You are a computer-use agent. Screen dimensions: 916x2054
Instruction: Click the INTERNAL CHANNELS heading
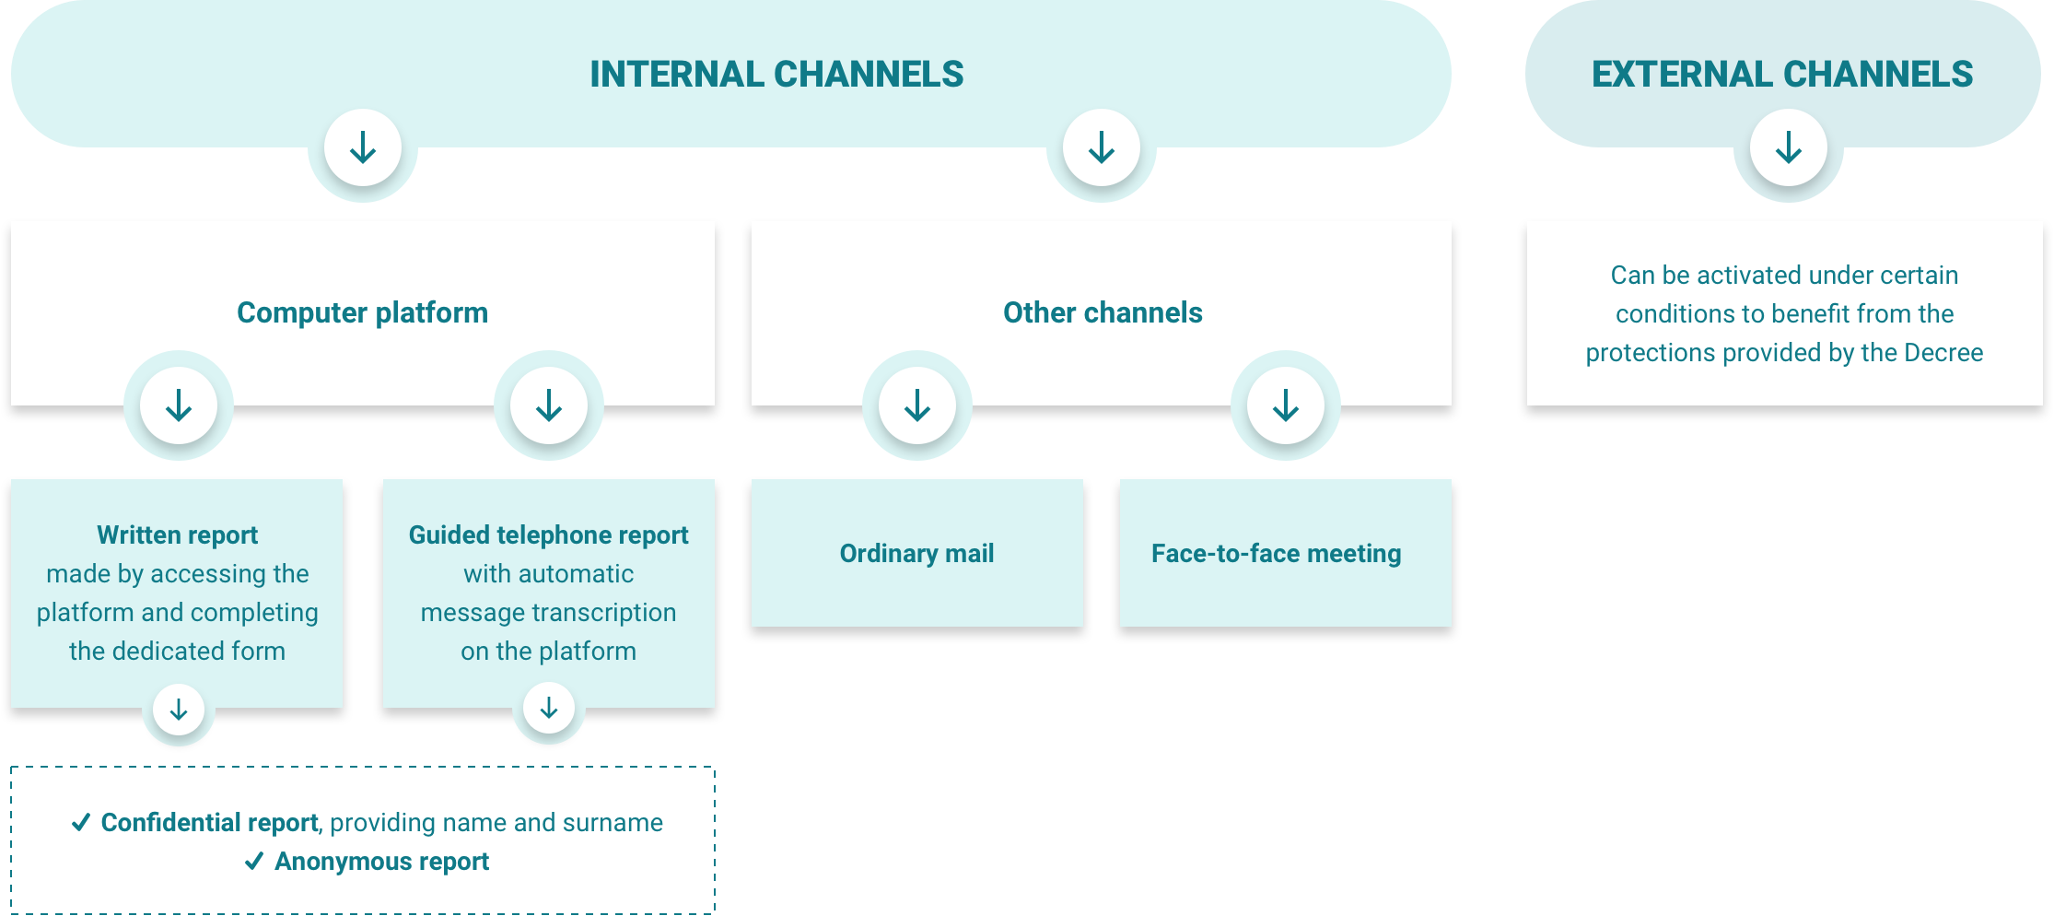776,75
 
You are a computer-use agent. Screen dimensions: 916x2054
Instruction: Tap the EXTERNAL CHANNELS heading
1782,75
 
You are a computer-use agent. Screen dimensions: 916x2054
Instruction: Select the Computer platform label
362,313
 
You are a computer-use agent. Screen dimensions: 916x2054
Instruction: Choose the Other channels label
1103,313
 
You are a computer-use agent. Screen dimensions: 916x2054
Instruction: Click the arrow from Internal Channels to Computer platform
363,147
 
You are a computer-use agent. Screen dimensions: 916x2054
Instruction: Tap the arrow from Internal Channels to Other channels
1102,147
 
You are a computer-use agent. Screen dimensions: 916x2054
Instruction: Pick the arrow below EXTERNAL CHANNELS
1789,147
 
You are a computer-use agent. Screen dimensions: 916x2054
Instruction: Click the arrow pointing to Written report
179,405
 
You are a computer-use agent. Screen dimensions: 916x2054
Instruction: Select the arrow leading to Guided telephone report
549,405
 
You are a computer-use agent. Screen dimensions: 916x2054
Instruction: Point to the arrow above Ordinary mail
917,405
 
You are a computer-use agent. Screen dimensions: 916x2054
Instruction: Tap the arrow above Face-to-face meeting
1286,405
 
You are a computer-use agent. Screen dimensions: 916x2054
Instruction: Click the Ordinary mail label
916,554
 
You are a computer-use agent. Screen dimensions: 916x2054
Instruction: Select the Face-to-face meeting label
1276,554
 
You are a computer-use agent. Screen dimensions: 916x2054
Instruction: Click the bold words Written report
178,535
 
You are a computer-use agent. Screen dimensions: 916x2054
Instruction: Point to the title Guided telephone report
548,535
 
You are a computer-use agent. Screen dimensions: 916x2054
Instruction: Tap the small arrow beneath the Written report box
179,710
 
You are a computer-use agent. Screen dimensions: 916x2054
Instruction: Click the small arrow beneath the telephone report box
549,708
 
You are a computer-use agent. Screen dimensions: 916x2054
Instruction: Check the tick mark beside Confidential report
81,822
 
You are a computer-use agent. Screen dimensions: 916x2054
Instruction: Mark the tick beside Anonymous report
254,862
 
